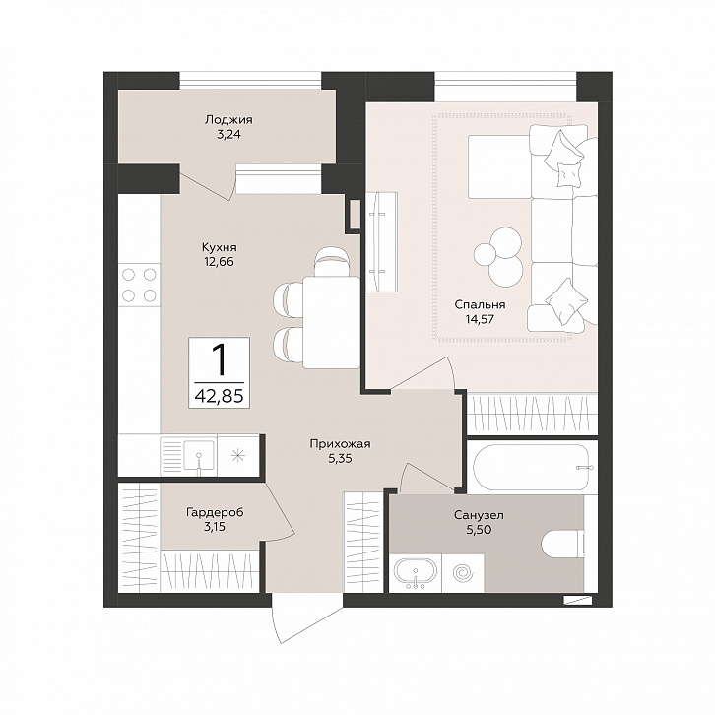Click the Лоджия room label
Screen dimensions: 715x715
[x=228, y=120]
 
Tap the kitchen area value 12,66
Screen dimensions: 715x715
[x=220, y=262]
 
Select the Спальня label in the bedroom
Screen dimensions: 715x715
[x=480, y=304]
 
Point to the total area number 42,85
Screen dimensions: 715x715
[x=219, y=396]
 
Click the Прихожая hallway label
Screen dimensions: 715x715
[x=340, y=444]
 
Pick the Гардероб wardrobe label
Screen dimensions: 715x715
[x=215, y=512]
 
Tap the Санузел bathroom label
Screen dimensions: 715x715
[x=479, y=515]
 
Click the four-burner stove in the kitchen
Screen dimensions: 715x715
[x=139, y=285]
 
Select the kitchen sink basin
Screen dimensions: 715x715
[x=199, y=454]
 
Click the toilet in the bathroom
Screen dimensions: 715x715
[x=563, y=544]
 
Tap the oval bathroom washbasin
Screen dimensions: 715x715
[x=415, y=570]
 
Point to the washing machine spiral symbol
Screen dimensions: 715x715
[x=463, y=571]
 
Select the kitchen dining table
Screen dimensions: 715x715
[x=331, y=322]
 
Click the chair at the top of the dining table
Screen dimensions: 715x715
[x=333, y=261]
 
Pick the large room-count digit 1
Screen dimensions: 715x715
[x=220, y=359]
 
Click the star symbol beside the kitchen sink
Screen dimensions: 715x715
[x=238, y=455]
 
